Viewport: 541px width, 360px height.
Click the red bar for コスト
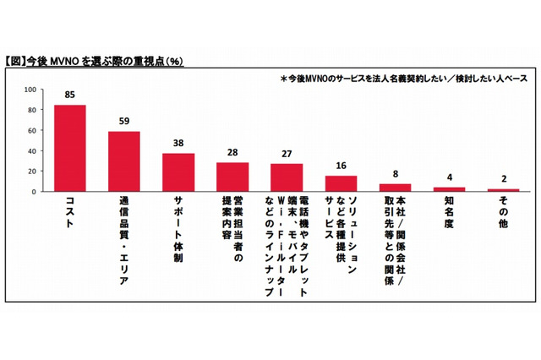(x=70, y=148)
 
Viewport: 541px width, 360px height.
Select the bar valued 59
(x=124, y=161)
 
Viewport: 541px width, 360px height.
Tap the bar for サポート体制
(x=178, y=172)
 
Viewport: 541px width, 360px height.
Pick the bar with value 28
(x=232, y=177)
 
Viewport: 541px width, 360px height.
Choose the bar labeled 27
(x=287, y=177)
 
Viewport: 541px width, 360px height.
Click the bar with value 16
(x=341, y=183)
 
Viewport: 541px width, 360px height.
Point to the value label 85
(x=70, y=95)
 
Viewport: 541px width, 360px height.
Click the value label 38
(x=178, y=144)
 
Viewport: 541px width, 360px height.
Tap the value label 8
(x=395, y=174)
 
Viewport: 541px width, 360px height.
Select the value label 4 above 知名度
(x=449, y=178)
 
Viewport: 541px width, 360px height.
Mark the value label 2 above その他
(x=503, y=180)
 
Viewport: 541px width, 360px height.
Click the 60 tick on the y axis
(x=31, y=130)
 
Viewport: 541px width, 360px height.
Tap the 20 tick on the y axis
(x=31, y=172)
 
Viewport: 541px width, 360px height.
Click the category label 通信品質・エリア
(x=124, y=233)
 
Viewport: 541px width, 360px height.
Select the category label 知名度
(x=449, y=211)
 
